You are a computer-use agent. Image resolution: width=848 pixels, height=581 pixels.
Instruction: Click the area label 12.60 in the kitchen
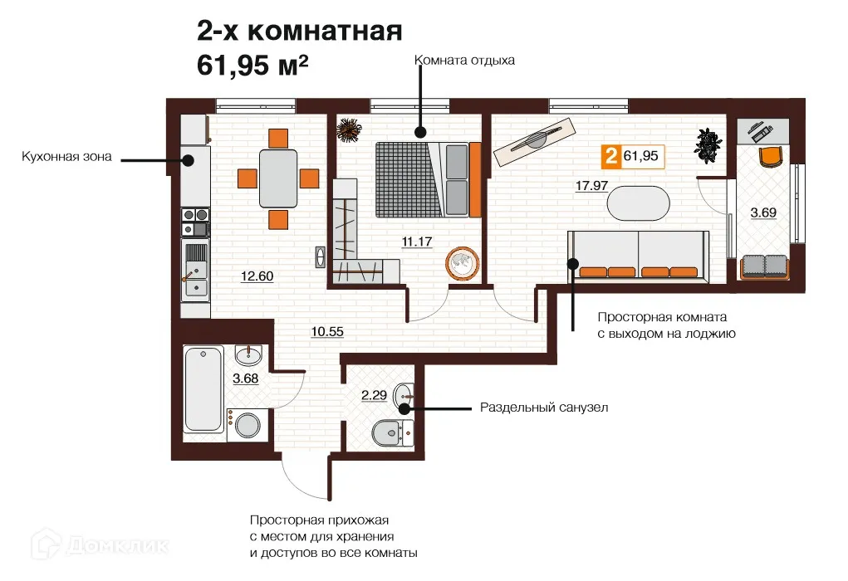257,277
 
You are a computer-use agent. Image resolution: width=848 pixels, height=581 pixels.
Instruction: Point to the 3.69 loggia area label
764,213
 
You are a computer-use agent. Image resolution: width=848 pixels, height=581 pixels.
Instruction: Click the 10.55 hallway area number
327,332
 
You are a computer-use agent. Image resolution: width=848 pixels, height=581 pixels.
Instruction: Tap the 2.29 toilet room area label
374,396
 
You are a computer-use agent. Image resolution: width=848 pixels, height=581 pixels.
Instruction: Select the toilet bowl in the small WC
390,432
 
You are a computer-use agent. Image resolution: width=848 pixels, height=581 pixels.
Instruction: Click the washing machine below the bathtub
246,427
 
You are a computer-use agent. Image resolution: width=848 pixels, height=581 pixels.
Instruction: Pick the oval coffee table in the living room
637,202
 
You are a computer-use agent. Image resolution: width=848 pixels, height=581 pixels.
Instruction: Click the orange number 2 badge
611,155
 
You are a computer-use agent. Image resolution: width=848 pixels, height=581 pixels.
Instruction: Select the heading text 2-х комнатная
299,32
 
